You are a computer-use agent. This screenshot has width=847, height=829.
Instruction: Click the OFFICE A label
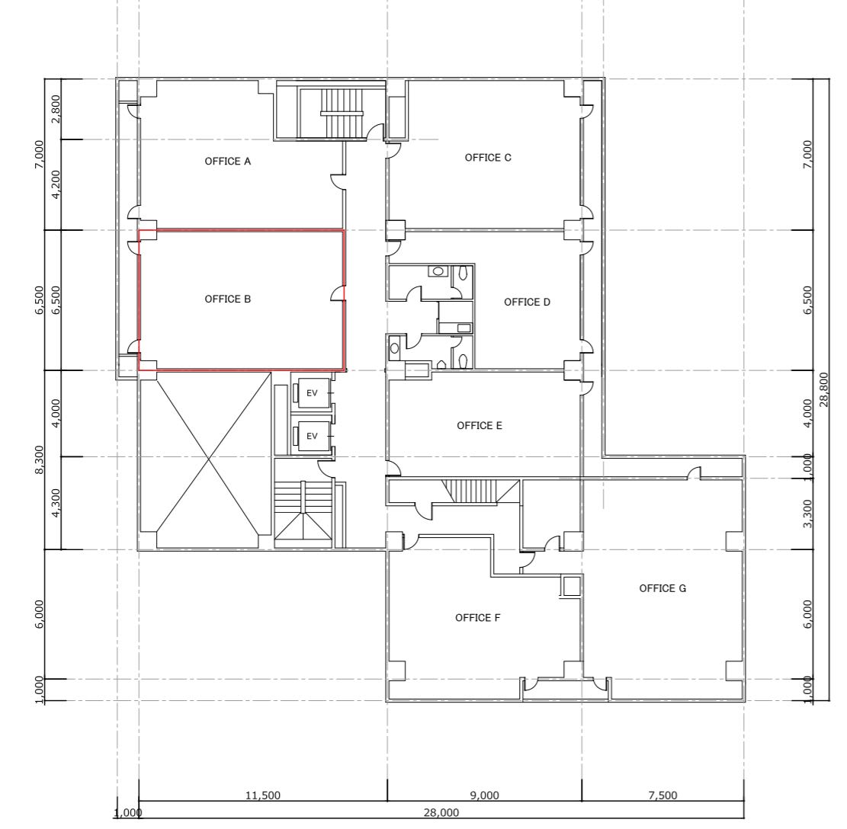227,162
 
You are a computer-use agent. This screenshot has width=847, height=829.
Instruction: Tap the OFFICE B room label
227,299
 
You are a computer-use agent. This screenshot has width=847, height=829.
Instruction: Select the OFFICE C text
488,158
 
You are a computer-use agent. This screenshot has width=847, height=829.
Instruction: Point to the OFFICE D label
527,302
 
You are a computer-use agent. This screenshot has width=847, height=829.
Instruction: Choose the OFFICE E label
479,426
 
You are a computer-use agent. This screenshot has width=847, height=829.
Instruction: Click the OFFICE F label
477,618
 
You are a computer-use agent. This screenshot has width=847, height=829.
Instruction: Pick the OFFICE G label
663,588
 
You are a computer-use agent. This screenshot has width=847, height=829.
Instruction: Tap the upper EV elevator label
312,393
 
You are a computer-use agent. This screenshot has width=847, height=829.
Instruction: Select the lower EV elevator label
312,436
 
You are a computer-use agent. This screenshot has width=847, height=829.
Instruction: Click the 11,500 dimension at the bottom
262,795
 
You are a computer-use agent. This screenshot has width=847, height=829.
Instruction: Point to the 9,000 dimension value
485,795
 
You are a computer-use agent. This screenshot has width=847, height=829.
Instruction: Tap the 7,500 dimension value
663,795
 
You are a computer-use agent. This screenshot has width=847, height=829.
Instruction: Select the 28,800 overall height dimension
824,389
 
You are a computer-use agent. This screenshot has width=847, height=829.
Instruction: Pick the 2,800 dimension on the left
56,109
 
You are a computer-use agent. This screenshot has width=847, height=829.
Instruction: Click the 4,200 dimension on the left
56,184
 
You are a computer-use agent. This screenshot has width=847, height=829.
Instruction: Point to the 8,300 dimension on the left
39,460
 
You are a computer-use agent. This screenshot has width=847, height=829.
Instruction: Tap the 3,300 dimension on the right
807,514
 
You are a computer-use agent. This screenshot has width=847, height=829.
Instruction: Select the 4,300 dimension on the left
56,503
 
